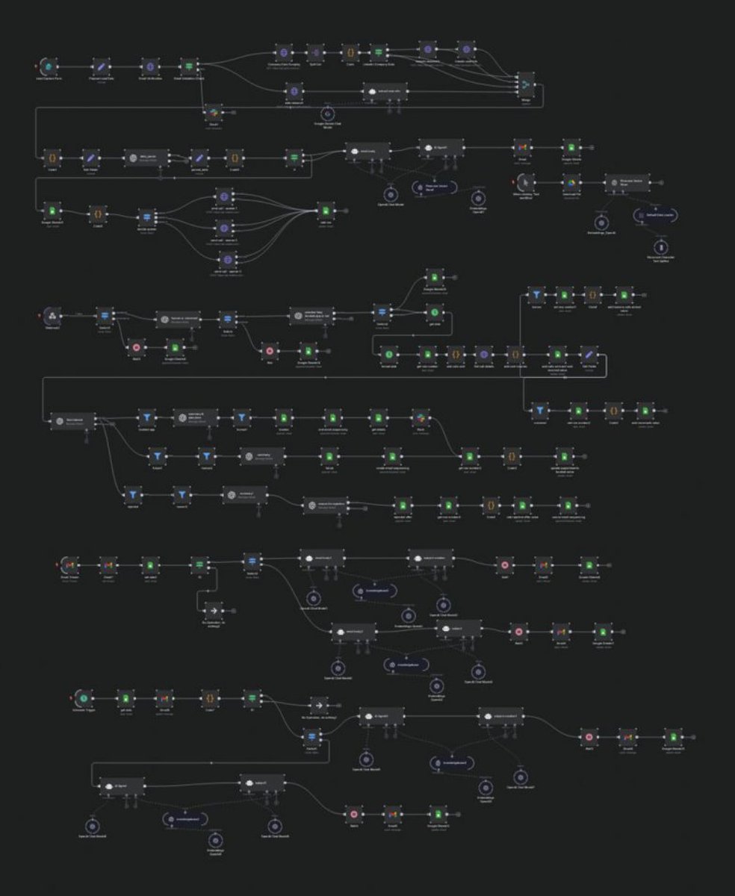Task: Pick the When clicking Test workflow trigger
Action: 527,181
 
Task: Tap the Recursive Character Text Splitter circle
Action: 660,247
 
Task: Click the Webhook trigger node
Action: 52,315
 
